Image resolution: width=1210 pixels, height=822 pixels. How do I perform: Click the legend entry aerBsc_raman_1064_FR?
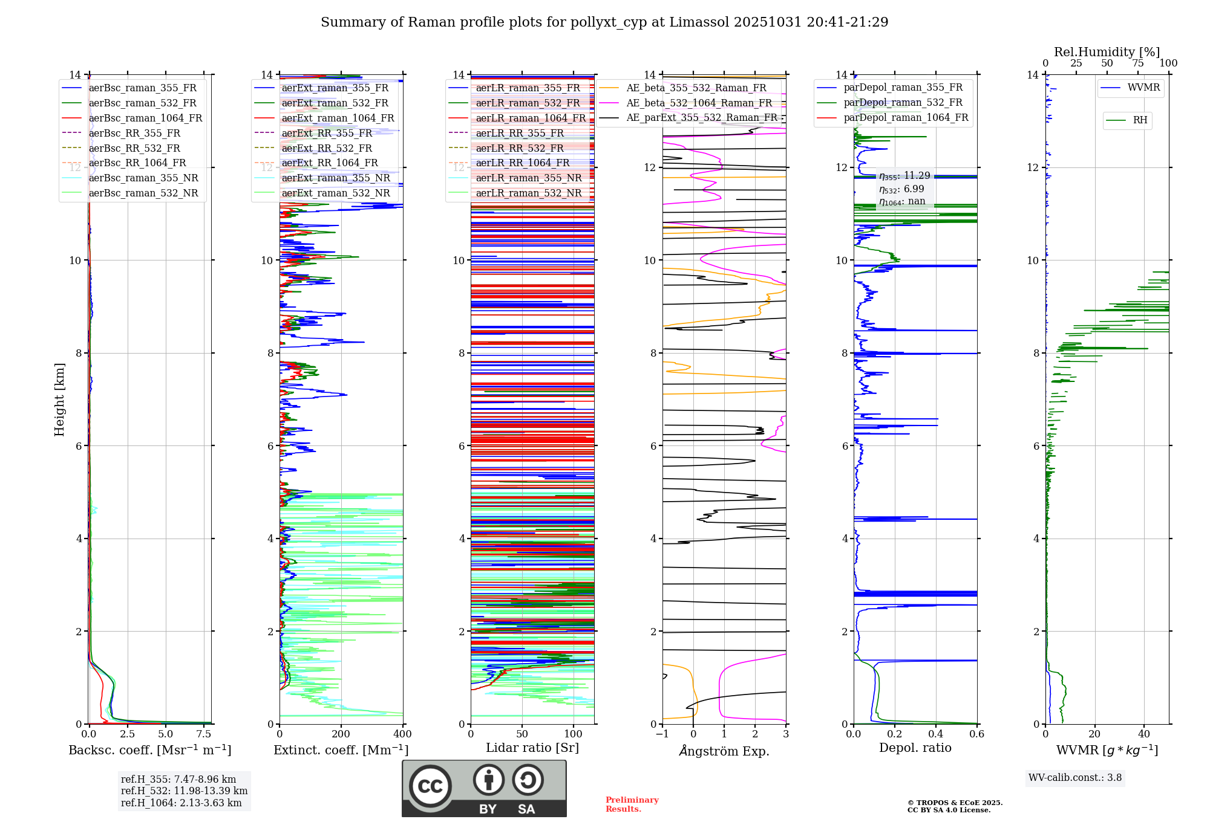coord(145,118)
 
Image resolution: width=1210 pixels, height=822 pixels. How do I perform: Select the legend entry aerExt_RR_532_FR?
coord(327,148)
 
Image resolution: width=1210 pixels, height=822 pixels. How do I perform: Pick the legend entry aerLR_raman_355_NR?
coord(528,178)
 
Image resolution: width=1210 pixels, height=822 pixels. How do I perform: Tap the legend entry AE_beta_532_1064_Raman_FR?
coord(699,103)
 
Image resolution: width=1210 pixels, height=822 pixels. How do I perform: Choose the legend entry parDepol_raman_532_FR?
coord(903,103)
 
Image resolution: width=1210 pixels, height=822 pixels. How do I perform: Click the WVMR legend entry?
coord(1143,88)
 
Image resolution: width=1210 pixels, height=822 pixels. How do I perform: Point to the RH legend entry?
coord(1140,120)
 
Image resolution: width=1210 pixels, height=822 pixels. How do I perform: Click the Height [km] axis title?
coord(59,399)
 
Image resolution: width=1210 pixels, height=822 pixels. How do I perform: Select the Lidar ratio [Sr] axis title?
coord(532,748)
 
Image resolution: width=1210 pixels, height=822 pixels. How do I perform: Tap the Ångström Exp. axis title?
coord(724,751)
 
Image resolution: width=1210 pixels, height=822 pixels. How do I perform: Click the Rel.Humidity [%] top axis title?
coord(1107,52)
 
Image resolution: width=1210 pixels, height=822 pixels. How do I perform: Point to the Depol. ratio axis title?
coord(915,748)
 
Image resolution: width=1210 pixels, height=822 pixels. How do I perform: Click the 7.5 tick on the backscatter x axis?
coord(204,734)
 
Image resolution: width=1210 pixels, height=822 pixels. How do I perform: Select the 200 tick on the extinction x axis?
coord(341,734)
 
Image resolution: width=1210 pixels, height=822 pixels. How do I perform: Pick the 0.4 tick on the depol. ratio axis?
coord(936,734)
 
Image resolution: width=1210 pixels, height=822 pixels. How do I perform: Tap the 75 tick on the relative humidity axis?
coord(1138,63)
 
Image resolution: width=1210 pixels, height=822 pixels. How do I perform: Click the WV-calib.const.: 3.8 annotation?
coord(1075,777)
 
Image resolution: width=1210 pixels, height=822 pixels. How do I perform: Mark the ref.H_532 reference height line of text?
coord(184,791)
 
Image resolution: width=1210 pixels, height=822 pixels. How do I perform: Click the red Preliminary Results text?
coord(632,804)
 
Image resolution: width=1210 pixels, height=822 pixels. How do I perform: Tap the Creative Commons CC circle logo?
coord(430,786)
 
